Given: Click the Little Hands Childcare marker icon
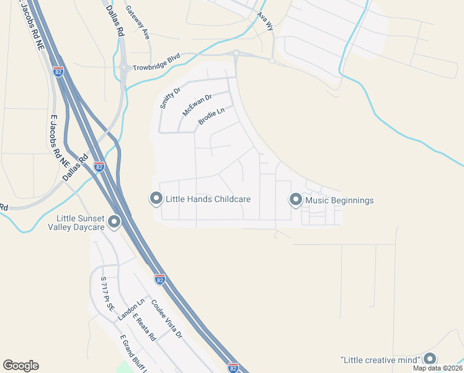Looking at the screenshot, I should point(156,199).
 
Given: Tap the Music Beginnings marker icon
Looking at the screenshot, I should point(295,200).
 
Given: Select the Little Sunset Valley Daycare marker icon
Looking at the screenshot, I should point(114,221).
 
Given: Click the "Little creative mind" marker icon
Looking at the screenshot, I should point(430,359).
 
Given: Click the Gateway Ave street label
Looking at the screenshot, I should point(138,23).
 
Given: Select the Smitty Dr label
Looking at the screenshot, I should point(170,98).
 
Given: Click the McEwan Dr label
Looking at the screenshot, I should point(197,105).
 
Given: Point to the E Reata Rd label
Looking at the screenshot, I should point(143,328).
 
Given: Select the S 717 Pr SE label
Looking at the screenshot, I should point(107,293).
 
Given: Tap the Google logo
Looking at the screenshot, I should point(20,366).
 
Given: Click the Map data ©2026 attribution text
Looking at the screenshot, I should point(438,368).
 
